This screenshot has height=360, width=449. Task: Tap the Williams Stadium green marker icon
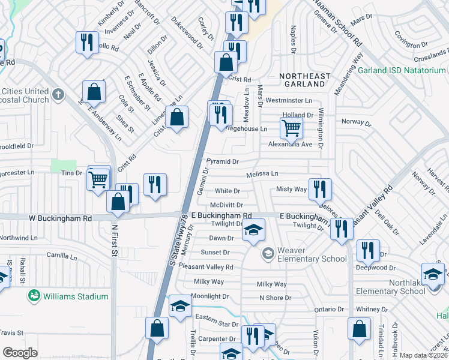click(x=34, y=296)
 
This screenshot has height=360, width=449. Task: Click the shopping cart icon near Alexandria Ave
click(x=291, y=127)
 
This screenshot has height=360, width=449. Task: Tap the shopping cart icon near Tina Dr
click(x=98, y=178)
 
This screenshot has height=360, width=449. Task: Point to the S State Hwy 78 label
click(x=178, y=239)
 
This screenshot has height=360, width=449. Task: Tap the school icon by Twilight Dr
click(x=253, y=230)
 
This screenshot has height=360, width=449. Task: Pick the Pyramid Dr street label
click(x=223, y=161)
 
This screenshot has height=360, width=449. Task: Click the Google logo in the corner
click(x=20, y=352)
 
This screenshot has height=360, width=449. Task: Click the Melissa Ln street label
click(x=262, y=173)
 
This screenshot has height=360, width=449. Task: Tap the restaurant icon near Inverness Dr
click(x=87, y=43)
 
